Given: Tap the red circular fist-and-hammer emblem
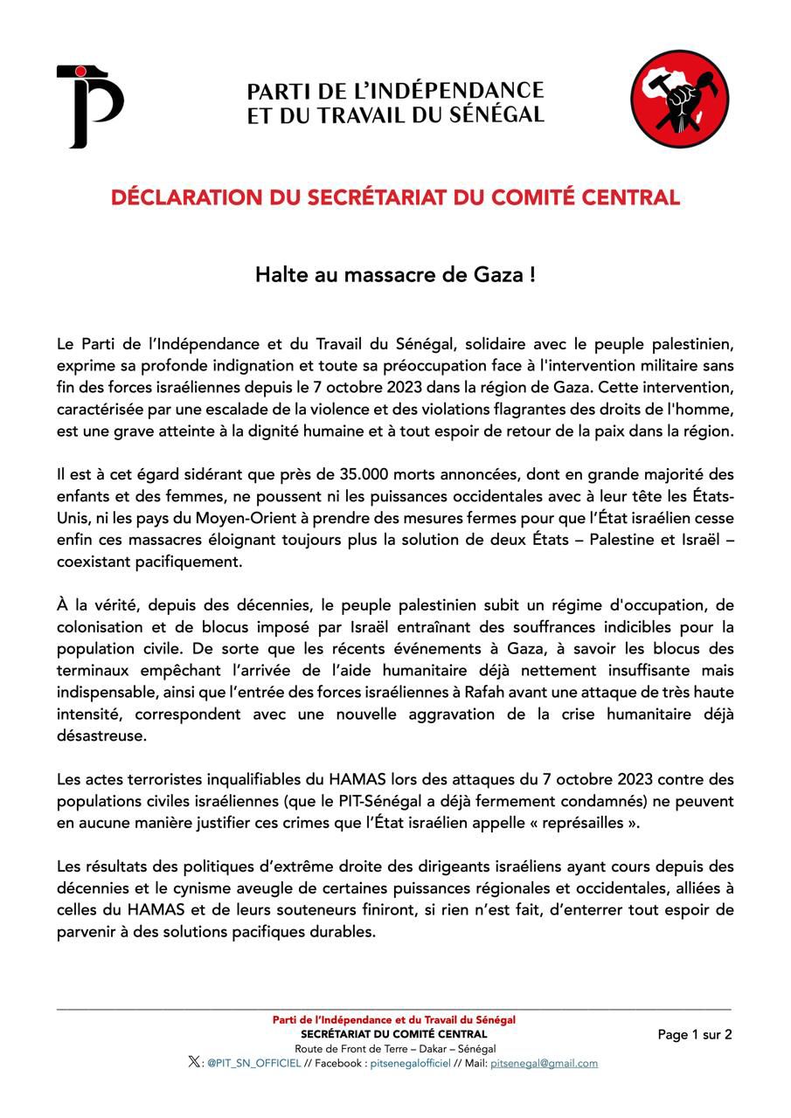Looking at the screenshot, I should coord(680,99).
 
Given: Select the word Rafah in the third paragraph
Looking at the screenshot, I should coord(482,694).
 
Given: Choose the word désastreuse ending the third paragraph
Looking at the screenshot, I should coord(102,736).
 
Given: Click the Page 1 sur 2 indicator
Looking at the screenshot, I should coord(695,1035).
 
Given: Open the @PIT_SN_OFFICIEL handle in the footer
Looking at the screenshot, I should coord(253,1064).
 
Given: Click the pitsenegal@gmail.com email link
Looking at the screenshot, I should coord(544,1064).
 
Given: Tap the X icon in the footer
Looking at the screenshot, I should coord(193,1063).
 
